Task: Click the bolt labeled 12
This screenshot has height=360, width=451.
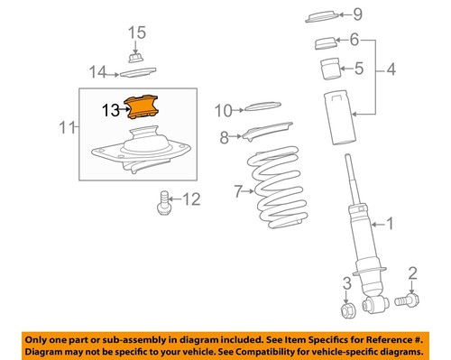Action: tap(164, 203)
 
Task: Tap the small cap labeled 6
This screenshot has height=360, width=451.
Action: tap(325, 43)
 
